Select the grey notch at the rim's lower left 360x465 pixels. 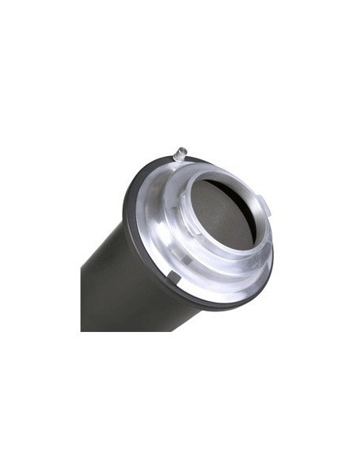pyautogui.click(x=171, y=275)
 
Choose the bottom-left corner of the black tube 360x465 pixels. pyautogui.click(x=82, y=330)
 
